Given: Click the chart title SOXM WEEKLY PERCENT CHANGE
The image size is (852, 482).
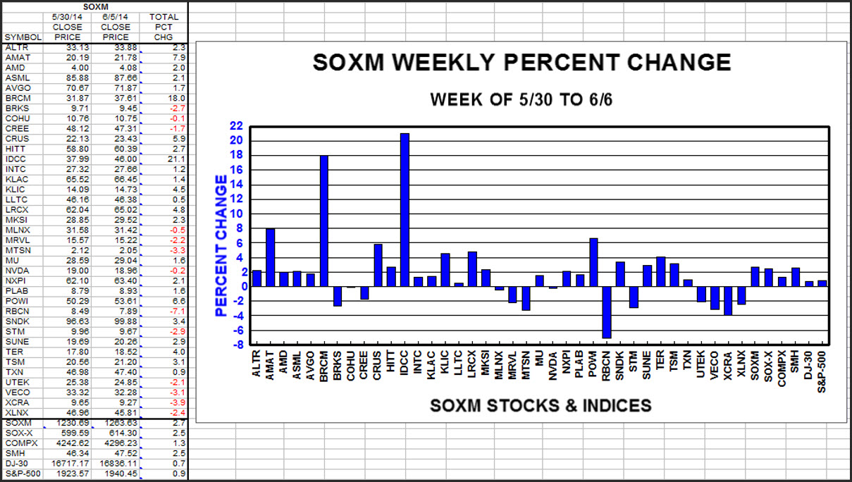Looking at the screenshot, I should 521,62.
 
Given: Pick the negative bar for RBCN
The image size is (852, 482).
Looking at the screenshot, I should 606,312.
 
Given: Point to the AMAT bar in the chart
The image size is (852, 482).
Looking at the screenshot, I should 270,257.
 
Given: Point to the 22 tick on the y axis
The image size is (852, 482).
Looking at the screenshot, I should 235,126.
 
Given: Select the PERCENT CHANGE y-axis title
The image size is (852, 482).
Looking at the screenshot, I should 221,245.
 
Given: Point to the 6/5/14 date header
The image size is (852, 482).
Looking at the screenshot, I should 115,17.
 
